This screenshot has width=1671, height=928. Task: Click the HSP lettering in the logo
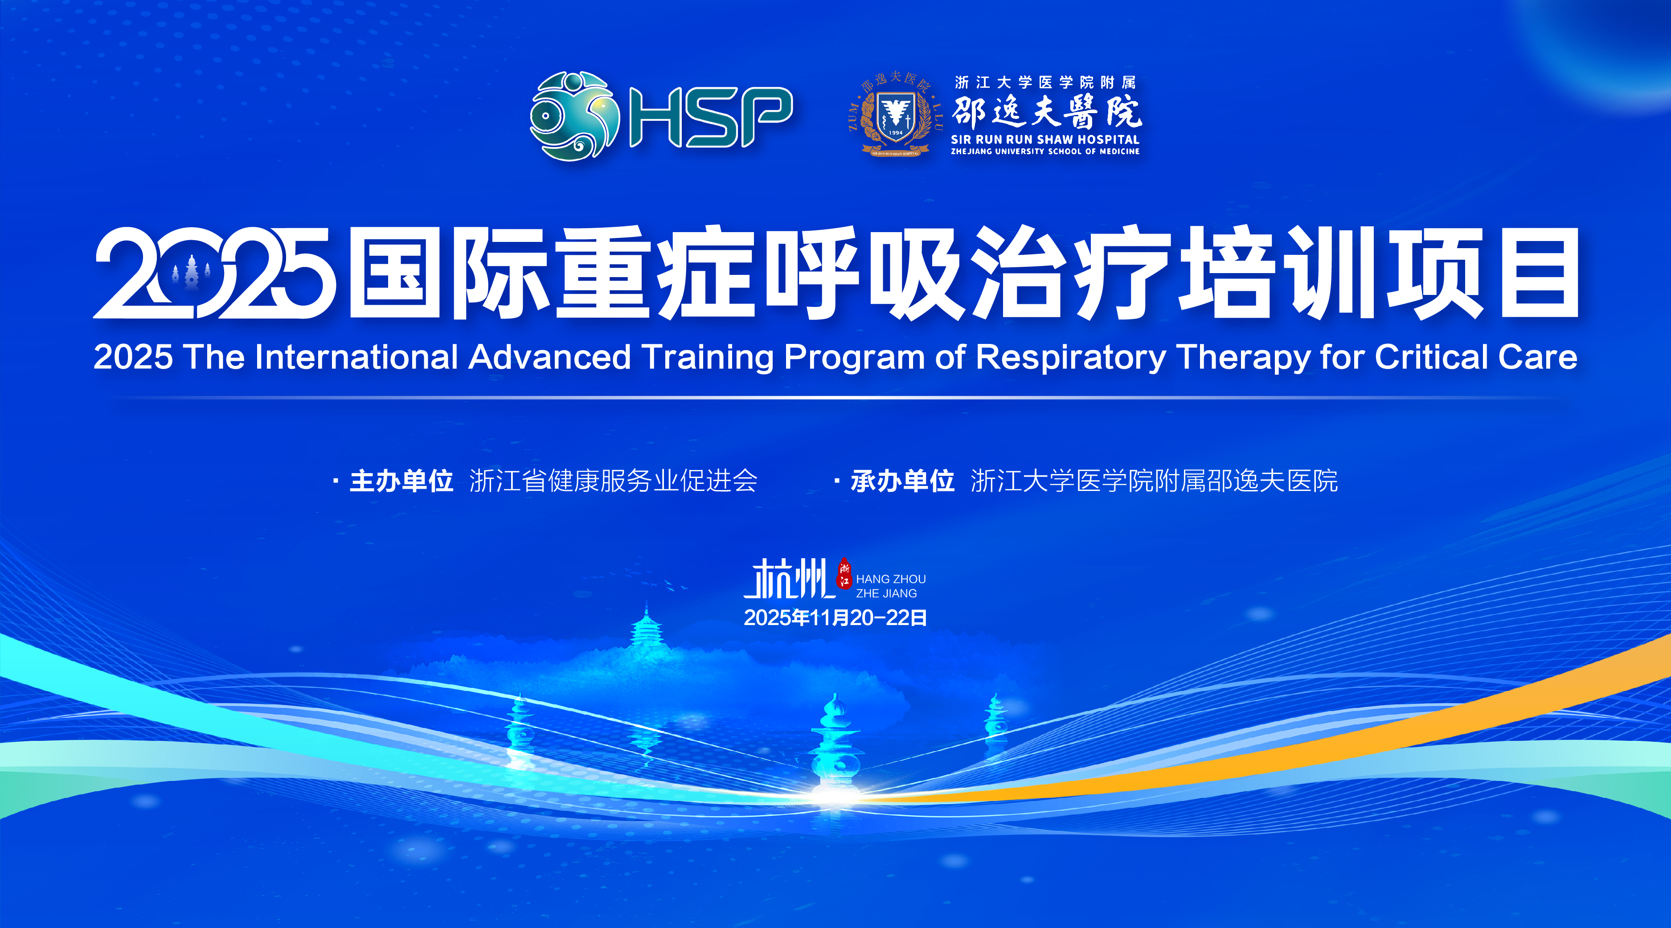click(711, 117)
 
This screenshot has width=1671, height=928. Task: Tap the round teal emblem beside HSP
click(575, 115)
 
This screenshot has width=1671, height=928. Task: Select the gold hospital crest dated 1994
click(895, 114)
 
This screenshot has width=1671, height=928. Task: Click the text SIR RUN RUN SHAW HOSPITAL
click(1045, 139)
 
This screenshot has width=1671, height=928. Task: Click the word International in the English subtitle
click(357, 357)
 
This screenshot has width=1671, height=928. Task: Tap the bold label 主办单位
click(401, 481)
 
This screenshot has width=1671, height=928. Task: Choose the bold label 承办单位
click(902, 481)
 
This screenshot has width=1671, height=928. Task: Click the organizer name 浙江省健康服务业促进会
click(613, 481)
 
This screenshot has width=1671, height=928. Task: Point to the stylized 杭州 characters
click(789, 578)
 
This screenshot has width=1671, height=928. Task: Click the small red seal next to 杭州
click(844, 572)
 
